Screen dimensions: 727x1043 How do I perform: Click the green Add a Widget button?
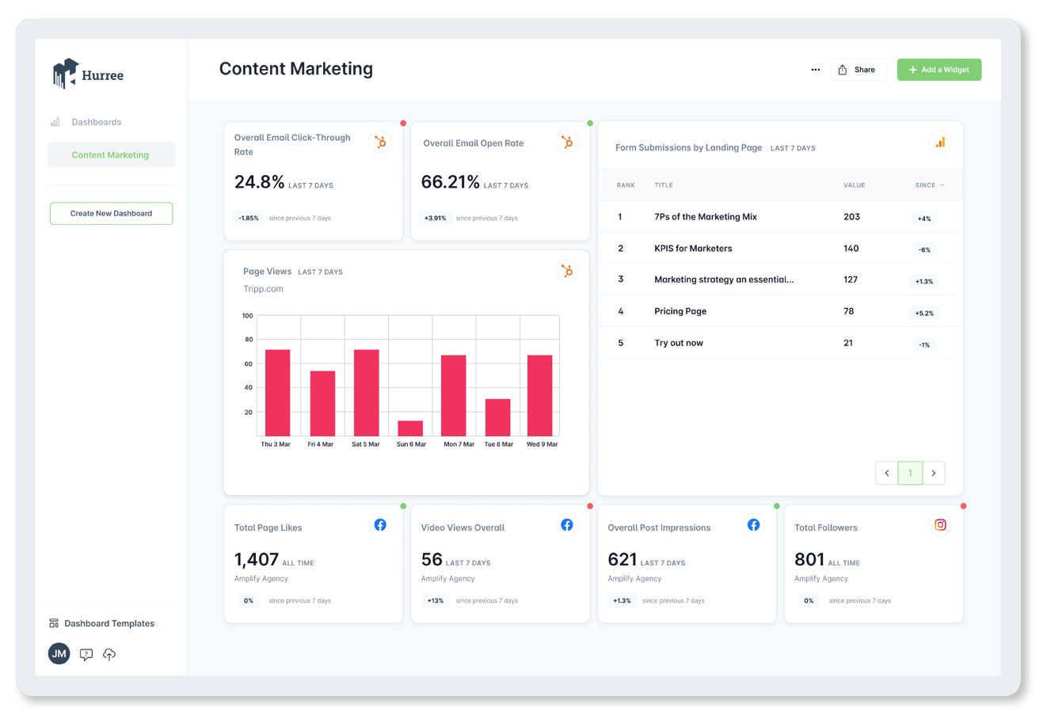938,70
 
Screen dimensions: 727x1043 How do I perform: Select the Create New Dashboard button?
111,213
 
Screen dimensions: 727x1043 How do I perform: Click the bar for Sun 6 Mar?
410,428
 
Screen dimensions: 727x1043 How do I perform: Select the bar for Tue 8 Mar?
497,417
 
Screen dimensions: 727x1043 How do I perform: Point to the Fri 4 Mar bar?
322,403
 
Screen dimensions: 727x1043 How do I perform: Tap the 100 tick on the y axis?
248,316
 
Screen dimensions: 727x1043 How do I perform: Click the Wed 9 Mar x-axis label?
542,444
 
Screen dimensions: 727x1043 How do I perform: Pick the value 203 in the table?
851,217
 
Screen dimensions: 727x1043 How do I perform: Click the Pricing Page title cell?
680,311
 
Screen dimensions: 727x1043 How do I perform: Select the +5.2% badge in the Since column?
924,313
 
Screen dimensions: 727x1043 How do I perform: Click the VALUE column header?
854,185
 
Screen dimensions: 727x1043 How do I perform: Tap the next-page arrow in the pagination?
934,473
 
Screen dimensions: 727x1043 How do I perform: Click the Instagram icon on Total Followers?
940,525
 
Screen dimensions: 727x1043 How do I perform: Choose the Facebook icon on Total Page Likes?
380,525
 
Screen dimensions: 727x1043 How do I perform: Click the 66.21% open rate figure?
450,182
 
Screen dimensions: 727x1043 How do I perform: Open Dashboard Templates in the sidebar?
109,623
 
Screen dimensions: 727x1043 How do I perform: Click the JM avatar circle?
59,654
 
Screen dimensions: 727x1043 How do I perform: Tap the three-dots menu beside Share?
815,70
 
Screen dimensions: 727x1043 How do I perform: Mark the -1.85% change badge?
249,218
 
